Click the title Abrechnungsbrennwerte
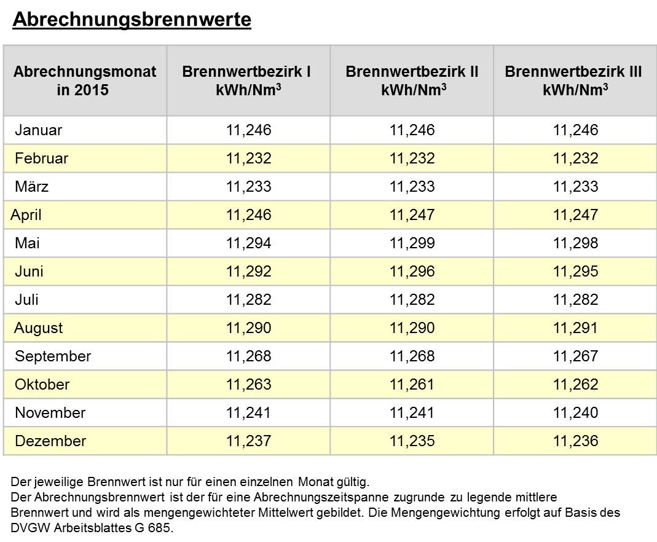coord(132,20)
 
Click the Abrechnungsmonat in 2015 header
coord(85,81)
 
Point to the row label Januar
coord(39,130)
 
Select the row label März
coord(31,186)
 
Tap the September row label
coord(53,356)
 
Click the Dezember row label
coord(50,441)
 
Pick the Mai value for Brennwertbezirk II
coord(412,243)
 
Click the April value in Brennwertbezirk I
coord(249,215)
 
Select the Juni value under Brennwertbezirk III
coord(576,272)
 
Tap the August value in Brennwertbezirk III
coord(576,328)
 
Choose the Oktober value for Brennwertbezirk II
coord(412,385)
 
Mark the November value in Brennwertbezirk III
coord(576,412)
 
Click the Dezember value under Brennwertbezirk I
coord(249,441)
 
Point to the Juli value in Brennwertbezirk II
coord(412,299)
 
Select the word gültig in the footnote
coord(353,482)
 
